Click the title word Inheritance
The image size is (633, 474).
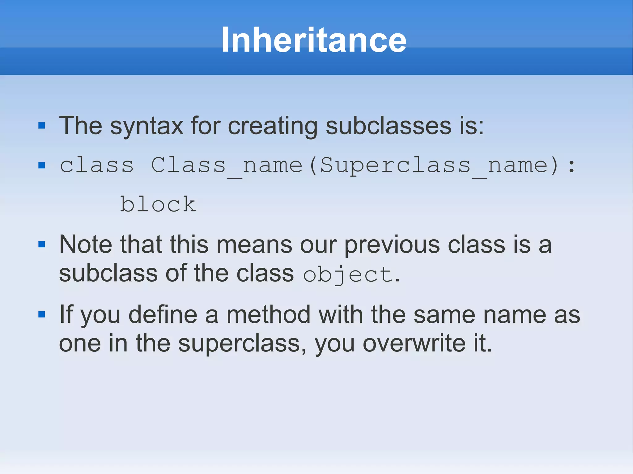[314, 40]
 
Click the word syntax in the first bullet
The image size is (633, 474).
[147, 126]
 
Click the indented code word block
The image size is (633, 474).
[158, 204]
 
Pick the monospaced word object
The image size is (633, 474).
[348, 274]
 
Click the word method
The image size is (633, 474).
[268, 315]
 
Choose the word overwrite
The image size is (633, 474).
[414, 344]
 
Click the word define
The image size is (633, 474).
[163, 315]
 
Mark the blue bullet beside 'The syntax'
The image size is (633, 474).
[42, 126]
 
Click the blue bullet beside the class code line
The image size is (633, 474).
[42, 166]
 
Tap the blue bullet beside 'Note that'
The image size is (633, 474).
[42, 245]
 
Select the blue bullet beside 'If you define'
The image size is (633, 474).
[42, 315]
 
